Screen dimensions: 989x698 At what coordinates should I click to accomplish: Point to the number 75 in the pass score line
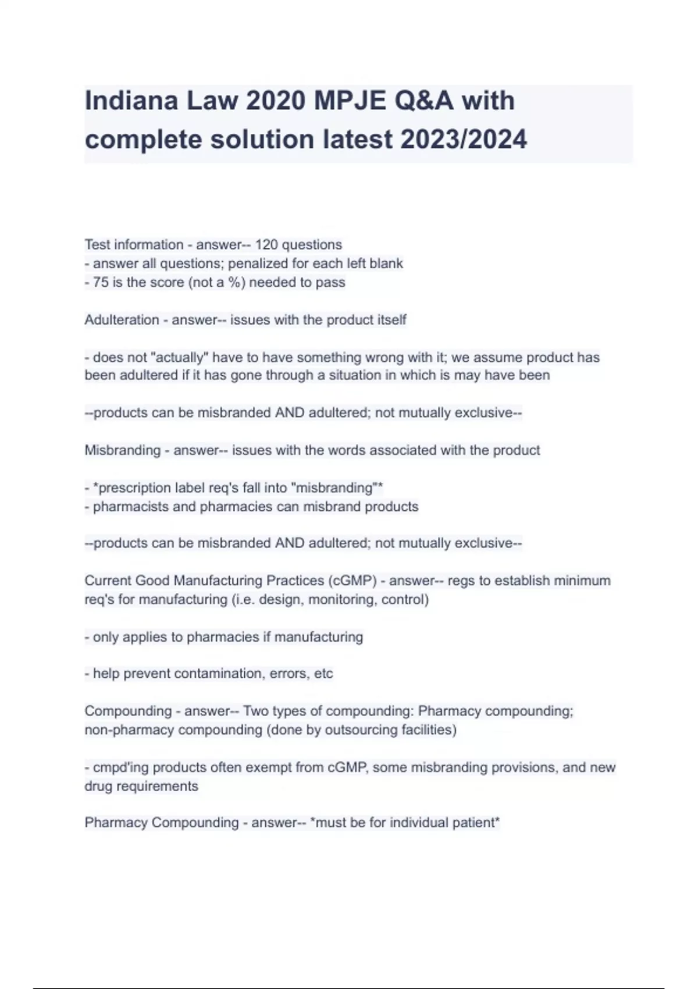tap(101, 283)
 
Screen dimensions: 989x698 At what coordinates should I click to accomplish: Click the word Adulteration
tap(122, 320)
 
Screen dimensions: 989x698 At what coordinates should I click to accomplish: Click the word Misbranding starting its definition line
tap(122, 450)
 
